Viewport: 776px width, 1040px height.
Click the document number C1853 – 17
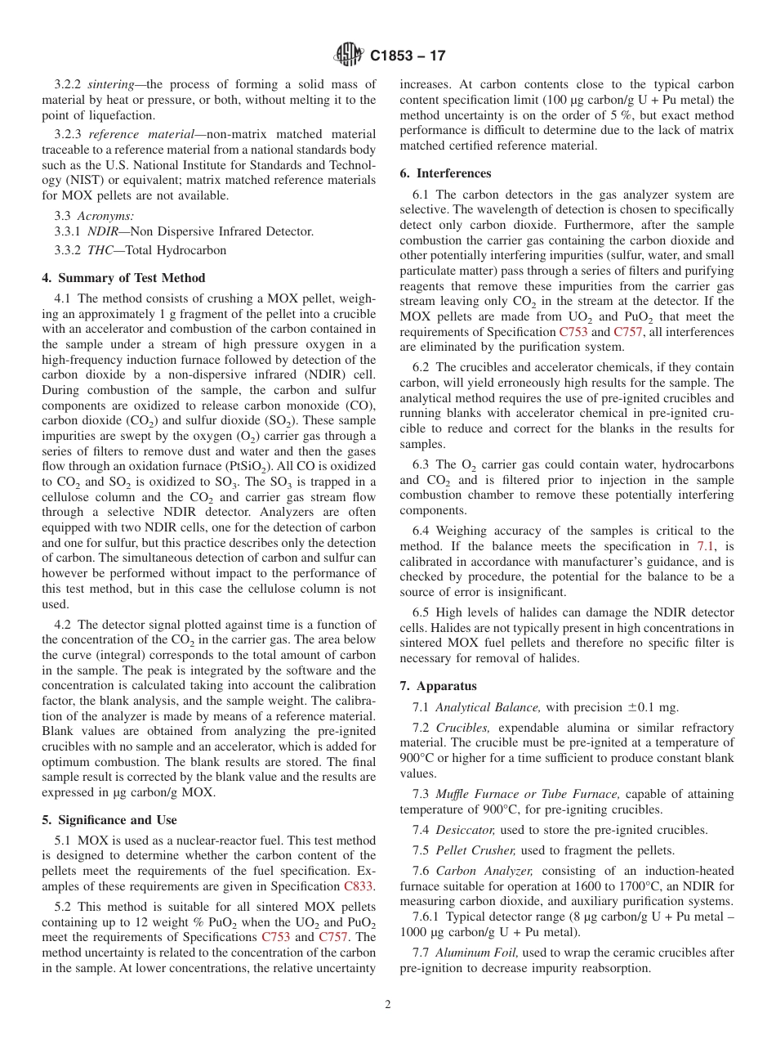click(408, 56)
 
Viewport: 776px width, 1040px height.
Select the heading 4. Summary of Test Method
click(123, 278)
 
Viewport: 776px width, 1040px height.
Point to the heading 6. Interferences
click(446, 173)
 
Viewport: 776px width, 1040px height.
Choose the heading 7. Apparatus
click(438, 686)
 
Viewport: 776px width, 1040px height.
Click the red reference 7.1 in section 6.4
click(706, 545)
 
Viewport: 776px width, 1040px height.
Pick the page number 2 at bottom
click(388, 1005)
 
